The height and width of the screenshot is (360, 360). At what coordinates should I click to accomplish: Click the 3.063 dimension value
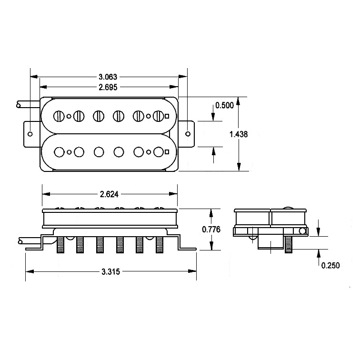click(x=108, y=77)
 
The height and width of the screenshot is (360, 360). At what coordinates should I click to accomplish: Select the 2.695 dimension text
click(x=108, y=87)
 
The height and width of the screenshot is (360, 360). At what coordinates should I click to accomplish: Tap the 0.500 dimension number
click(x=224, y=105)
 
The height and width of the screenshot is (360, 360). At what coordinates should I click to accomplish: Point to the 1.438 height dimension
click(x=238, y=134)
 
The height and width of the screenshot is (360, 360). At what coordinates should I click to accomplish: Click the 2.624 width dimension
click(x=109, y=194)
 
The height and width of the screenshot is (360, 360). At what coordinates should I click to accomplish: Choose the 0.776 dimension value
click(x=211, y=229)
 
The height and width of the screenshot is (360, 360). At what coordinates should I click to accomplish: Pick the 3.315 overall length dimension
click(x=110, y=272)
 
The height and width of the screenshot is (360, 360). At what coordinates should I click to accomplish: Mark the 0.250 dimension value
click(x=330, y=266)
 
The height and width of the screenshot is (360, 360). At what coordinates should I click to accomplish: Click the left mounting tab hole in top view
click(x=30, y=134)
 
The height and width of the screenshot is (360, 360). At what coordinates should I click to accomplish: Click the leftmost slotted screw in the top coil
click(x=60, y=116)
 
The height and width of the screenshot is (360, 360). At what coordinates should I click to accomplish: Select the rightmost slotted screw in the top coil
click(x=158, y=116)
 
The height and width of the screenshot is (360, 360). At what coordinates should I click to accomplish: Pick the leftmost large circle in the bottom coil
click(x=60, y=152)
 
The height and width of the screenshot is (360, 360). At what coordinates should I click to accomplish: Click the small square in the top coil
click(x=167, y=116)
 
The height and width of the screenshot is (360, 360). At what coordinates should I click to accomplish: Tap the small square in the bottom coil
click(x=167, y=152)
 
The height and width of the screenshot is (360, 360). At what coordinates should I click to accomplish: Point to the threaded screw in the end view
click(x=288, y=245)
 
